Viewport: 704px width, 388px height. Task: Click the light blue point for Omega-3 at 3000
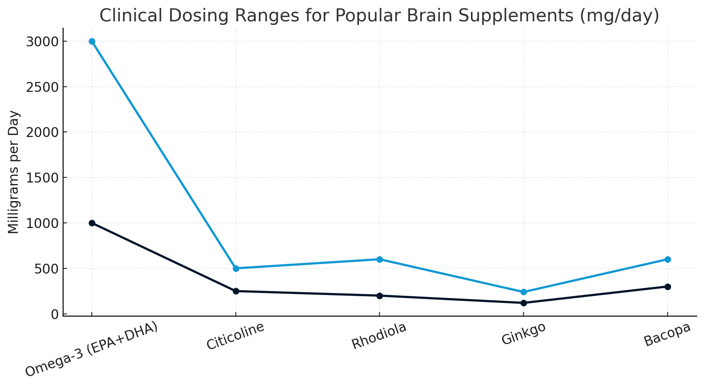point(92,41)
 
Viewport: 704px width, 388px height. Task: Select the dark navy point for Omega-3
point(92,223)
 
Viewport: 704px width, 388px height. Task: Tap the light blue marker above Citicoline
point(236,268)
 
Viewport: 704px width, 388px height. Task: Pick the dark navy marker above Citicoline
point(236,291)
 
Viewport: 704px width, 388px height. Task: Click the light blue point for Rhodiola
point(380,259)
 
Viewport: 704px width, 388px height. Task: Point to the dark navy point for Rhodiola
point(380,296)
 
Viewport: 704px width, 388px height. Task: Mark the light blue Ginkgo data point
point(524,292)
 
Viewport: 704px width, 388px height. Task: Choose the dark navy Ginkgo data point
point(524,303)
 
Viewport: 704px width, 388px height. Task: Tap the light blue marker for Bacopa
point(668,259)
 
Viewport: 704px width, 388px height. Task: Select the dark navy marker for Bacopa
point(668,287)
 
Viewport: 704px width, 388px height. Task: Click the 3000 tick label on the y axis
point(42,42)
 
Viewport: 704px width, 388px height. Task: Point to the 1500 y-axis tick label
point(42,178)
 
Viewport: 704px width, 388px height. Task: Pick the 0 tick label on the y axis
point(55,314)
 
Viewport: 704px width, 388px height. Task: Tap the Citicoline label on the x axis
point(235,336)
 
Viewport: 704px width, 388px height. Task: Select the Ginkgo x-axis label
point(523,333)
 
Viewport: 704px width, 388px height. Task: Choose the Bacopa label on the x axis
point(667,335)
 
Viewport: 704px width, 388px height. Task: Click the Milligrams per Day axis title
point(14,172)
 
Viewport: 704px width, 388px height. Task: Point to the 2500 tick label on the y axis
point(42,87)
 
